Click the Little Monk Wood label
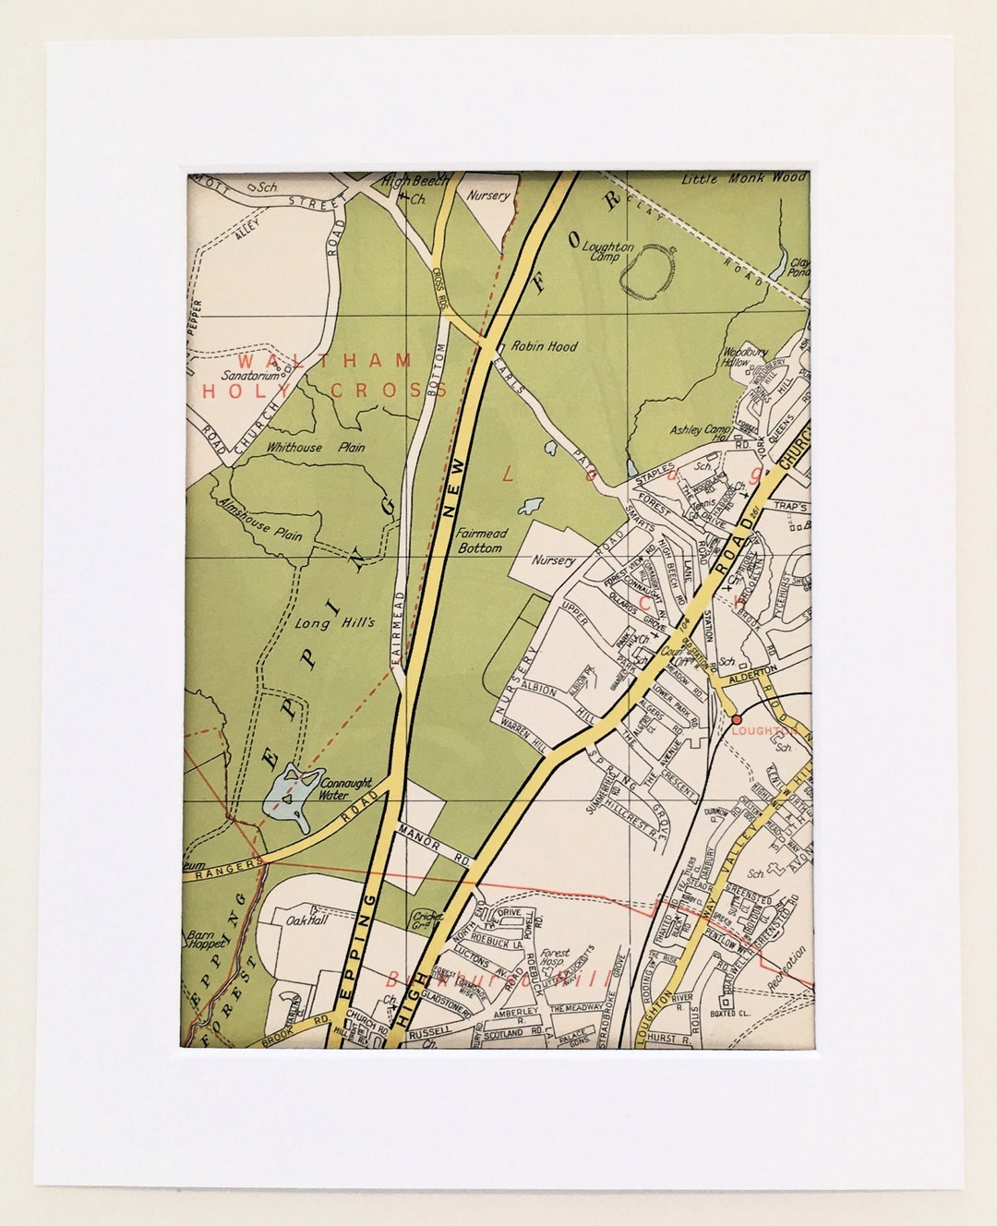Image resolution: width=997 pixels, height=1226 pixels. (x=743, y=178)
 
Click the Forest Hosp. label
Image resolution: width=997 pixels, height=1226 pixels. (x=555, y=958)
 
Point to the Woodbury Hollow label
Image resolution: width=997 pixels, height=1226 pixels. (x=739, y=356)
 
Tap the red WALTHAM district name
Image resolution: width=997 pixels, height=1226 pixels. (x=310, y=359)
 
